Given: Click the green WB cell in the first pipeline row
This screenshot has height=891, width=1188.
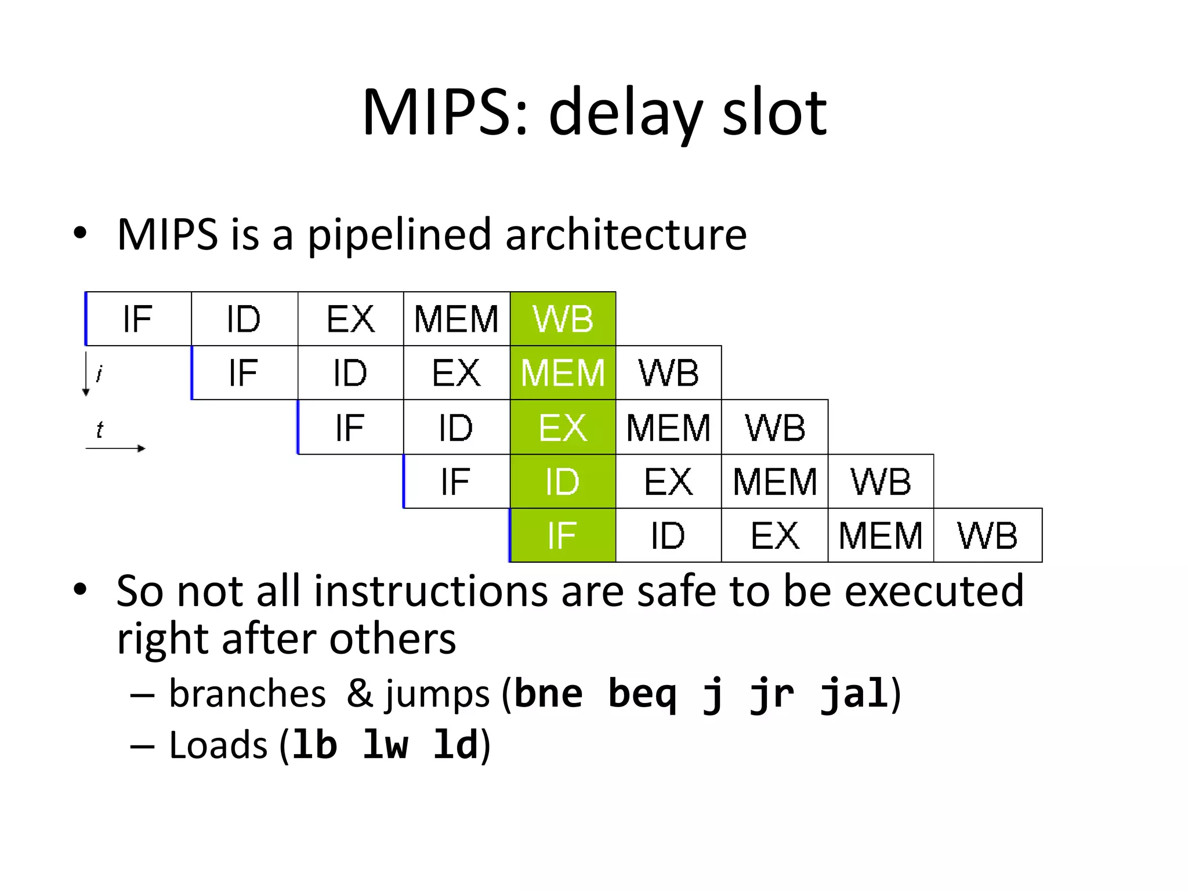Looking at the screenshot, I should (x=563, y=318).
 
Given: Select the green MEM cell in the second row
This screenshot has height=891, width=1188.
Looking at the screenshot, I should (x=563, y=372).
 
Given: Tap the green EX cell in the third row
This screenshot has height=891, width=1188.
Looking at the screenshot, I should (x=563, y=427).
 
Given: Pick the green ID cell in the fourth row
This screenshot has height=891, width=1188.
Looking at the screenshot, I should (x=563, y=481).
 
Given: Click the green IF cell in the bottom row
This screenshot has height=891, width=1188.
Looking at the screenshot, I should (x=563, y=535).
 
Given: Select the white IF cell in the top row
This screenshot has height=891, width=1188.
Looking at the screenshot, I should (x=138, y=318).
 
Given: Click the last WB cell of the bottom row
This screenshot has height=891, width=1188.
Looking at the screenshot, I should (x=987, y=535).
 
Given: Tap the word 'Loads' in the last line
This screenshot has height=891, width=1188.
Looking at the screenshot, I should (x=218, y=745).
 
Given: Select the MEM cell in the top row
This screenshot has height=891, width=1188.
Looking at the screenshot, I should (x=457, y=318).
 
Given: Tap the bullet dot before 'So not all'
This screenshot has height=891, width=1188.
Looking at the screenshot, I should (x=80, y=589).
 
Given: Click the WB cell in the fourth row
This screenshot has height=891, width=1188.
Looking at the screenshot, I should (x=881, y=481).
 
